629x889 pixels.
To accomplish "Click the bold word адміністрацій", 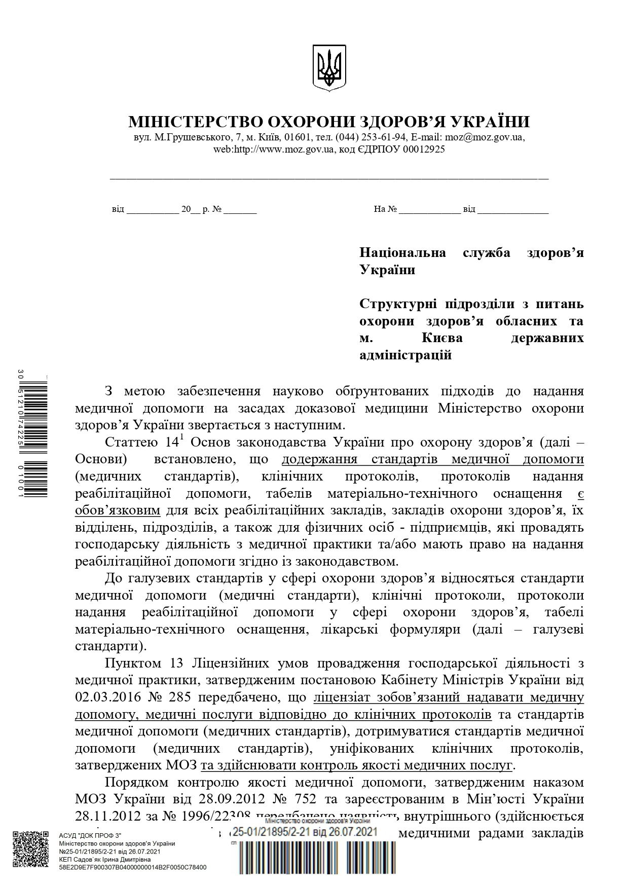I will tap(405, 355).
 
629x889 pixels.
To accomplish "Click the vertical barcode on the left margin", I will tap(39, 436).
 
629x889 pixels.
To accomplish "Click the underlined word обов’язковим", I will tap(118, 510).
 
